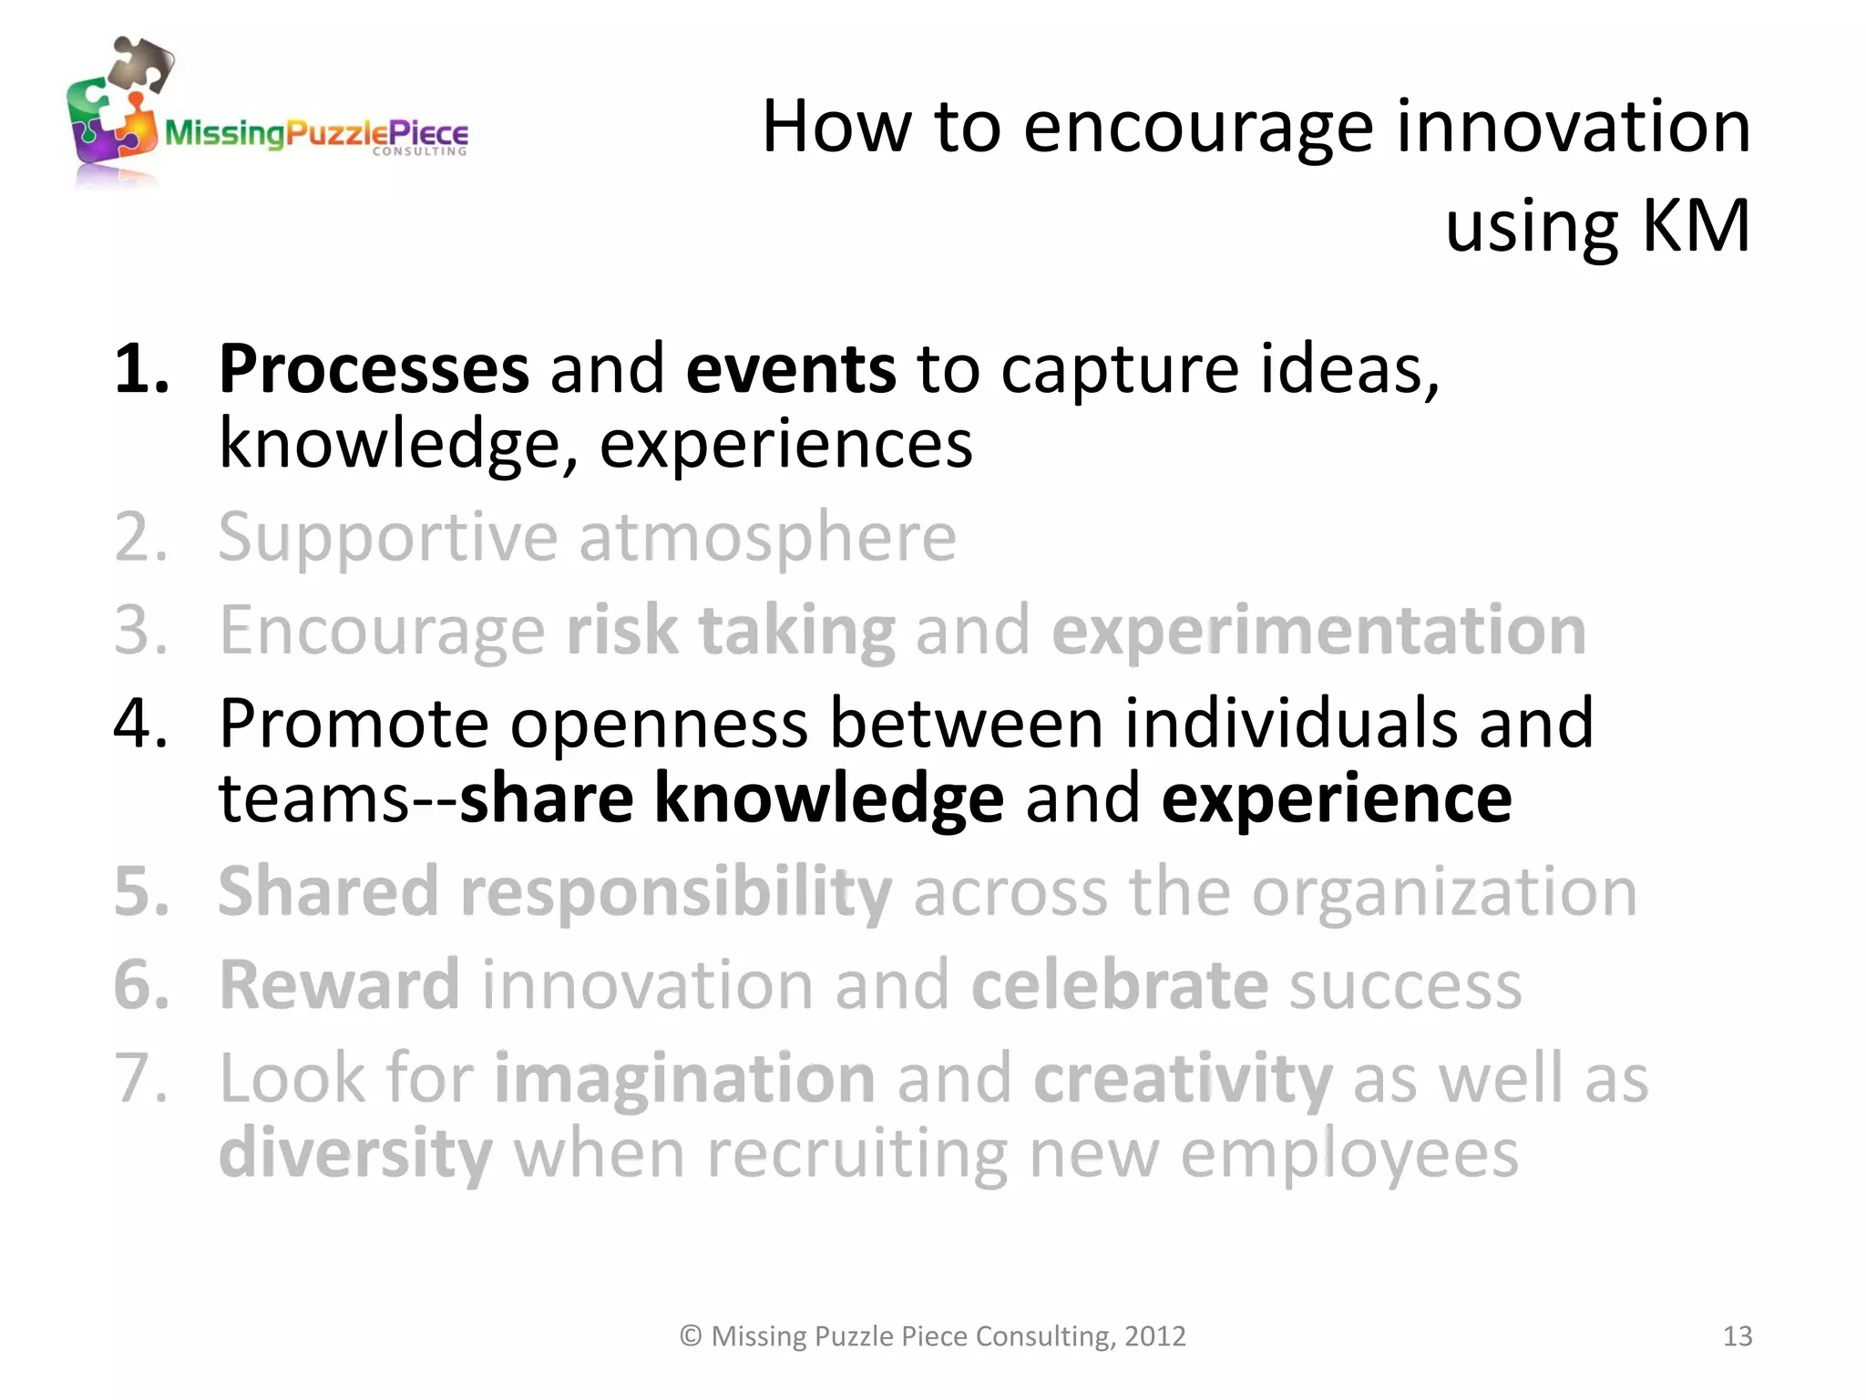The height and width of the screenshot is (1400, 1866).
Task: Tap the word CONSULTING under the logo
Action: [419, 152]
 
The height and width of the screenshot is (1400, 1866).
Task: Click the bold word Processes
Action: [374, 370]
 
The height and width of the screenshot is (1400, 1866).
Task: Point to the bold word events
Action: [791, 370]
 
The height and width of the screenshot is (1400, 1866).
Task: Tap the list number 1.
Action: [140, 370]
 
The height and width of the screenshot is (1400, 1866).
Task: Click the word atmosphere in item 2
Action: [767, 538]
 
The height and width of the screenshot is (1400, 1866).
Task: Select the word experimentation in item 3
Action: [1318, 631]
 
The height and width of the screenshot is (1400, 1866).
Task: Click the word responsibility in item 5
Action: [676, 892]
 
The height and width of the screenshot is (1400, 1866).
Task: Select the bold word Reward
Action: [339, 985]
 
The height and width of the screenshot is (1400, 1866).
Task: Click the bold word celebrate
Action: [1119, 985]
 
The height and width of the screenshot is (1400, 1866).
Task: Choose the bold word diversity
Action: [355, 1155]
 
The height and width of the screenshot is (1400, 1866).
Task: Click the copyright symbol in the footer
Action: [691, 1336]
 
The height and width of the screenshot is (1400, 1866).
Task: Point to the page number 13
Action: [1737, 1336]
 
